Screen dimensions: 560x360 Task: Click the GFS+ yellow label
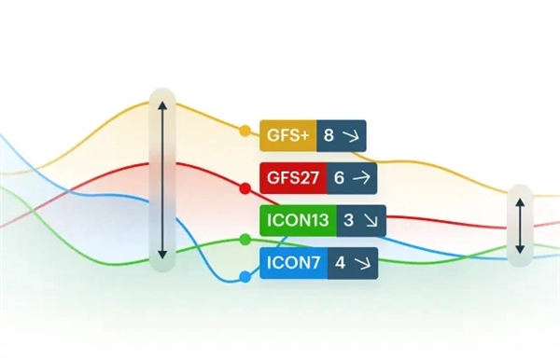(287, 135)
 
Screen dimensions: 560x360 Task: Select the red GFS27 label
(293, 178)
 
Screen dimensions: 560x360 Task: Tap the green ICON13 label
(298, 220)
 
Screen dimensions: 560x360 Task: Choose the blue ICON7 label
(293, 263)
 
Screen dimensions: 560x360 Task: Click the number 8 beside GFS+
(329, 135)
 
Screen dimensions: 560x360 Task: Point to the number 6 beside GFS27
(339, 178)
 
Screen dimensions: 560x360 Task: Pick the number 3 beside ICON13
(348, 220)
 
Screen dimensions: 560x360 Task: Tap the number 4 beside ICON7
(340, 263)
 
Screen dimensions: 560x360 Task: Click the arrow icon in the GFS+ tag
(351, 136)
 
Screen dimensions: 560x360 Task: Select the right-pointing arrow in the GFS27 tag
(361, 178)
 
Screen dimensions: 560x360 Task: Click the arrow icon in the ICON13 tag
(370, 221)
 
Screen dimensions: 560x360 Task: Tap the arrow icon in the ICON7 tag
(362, 264)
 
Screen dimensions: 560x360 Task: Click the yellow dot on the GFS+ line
(245, 131)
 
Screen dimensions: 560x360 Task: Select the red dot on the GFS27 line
(245, 188)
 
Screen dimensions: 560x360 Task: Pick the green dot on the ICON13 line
(245, 240)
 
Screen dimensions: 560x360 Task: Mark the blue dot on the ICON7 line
(245, 277)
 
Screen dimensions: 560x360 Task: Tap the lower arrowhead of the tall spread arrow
(162, 256)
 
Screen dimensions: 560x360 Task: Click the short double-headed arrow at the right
(520, 227)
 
